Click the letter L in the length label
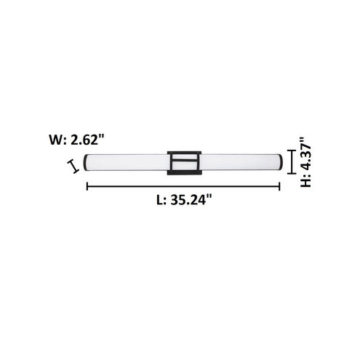160,203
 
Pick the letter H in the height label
308,181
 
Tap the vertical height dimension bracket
291,162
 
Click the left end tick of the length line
87,187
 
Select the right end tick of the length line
280,187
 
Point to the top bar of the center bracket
183,151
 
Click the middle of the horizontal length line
183,187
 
